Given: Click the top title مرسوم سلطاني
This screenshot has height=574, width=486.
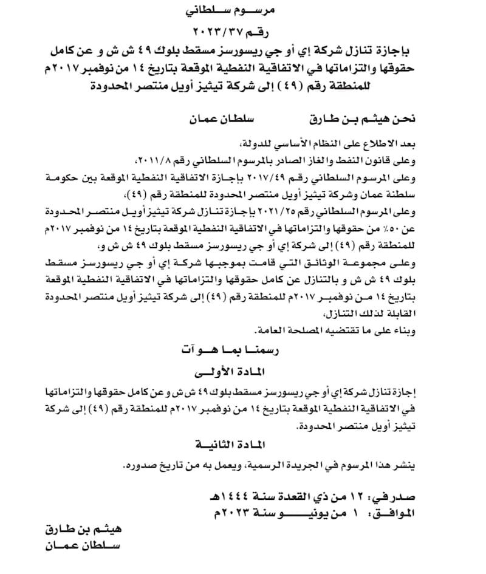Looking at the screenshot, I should pyautogui.click(x=242, y=11).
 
